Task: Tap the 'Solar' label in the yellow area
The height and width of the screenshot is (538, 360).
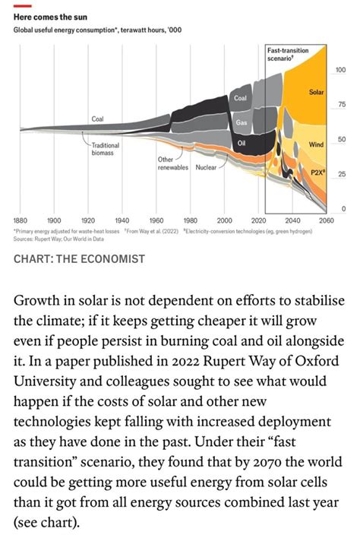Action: point(317,92)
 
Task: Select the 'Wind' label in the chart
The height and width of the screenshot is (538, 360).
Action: point(317,144)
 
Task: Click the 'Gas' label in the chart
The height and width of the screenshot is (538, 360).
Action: point(242,122)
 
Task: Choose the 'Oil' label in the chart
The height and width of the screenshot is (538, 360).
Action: point(242,142)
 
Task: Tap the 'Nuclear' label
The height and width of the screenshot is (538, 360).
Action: point(207,166)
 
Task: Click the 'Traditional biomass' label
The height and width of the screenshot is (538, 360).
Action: point(103,148)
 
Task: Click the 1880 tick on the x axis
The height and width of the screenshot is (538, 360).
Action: point(21,220)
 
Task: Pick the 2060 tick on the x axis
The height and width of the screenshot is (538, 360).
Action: point(327,220)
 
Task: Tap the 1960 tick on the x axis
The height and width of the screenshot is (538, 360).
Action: point(156,220)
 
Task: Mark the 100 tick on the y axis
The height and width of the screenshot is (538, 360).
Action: point(340,70)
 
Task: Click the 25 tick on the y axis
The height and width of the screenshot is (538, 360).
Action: point(342,174)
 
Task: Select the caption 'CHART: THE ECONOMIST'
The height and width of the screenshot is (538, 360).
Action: point(79,259)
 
